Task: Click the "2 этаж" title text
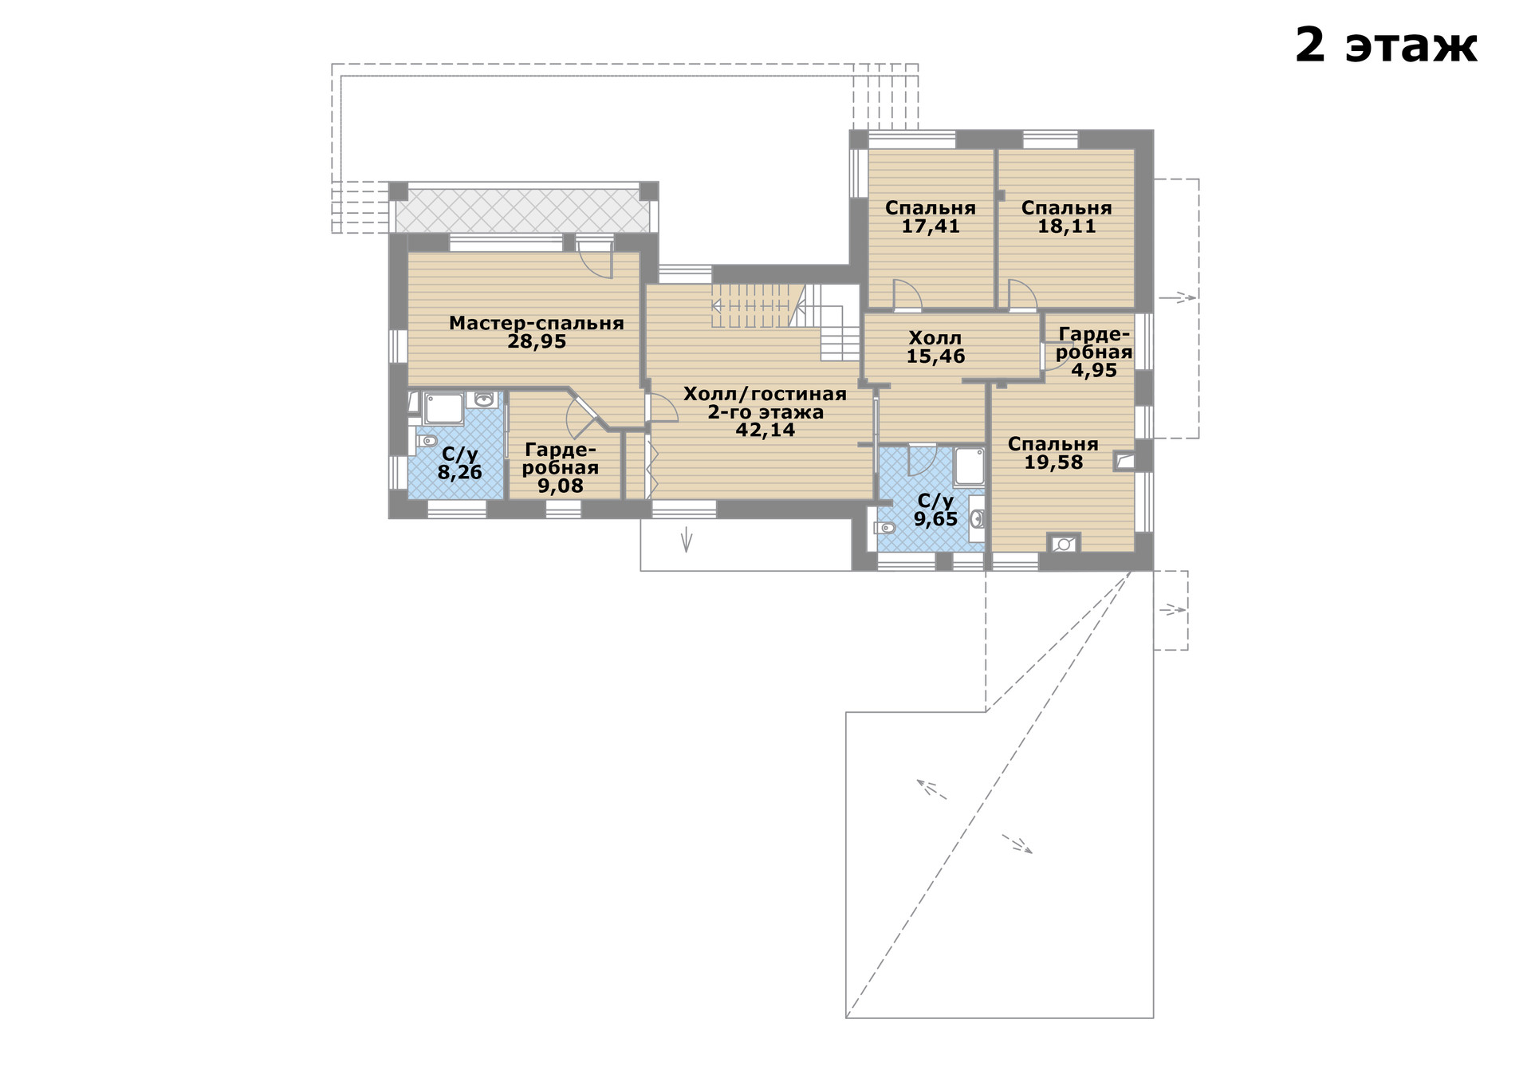pos(1386,45)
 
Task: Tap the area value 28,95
pos(537,342)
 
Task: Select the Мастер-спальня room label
pos(536,323)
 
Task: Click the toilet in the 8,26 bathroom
pos(427,441)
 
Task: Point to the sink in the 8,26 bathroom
pos(484,399)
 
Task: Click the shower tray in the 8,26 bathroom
pos(443,407)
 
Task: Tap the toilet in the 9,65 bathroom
pos(884,527)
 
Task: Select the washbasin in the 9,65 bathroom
pos(978,519)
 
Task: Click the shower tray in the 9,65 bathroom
pos(969,467)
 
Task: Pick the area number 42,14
pos(765,431)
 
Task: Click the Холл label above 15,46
pos(935,338)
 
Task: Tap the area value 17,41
pos(931,226)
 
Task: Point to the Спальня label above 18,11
pos(1066,208)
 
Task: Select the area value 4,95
pos(1093,371)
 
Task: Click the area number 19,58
pos(1053,462)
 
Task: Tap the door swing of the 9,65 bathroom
pos(923,459)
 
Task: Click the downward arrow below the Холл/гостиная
pos(686,540)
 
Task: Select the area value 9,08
pos(560,486)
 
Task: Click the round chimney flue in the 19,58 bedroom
pos(1063,545)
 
